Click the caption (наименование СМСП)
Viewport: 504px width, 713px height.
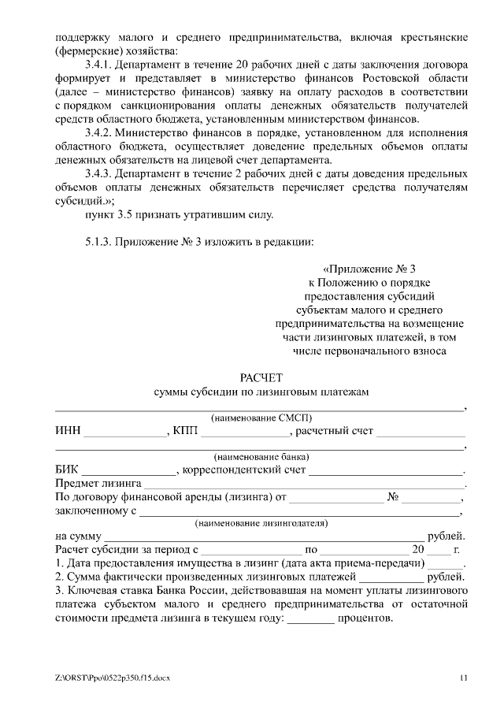click(261, 418)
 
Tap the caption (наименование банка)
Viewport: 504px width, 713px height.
click(261, 457)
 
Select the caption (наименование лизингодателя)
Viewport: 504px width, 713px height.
click(261, 523)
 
